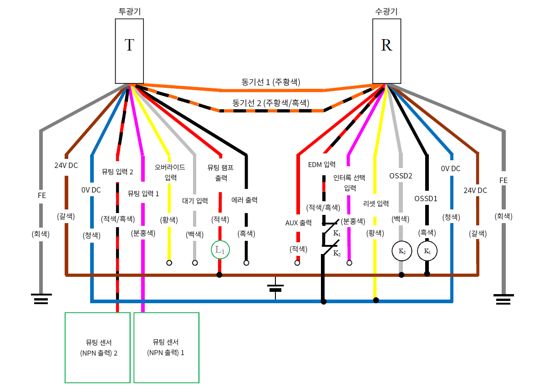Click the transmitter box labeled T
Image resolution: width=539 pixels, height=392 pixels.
pos(129,50)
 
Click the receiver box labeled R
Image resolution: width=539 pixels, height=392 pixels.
pos(386,50)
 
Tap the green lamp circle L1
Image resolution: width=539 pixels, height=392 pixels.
pos(220,249)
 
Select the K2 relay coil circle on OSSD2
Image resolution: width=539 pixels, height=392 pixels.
pos(402,251)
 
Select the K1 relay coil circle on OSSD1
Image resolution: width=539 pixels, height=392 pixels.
pos(427,251)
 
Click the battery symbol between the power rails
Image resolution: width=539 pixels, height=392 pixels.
pos(275,288)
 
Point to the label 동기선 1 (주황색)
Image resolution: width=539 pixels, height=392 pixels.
pos(271,82)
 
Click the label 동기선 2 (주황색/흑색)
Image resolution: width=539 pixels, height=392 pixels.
pos(271,103)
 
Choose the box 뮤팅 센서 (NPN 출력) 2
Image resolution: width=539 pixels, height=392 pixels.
pos(98,347)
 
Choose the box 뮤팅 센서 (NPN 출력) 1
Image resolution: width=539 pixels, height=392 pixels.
pos(166,347)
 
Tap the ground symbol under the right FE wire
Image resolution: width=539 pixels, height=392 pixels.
pos(503,299)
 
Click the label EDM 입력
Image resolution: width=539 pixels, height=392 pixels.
pos(322,165)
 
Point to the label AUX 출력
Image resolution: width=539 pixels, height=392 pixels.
pos(298,223)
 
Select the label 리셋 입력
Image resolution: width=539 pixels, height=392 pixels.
pos(376,203)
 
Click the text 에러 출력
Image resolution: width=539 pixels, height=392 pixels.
pos(246,199)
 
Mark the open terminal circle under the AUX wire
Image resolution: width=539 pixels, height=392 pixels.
pos(297,263)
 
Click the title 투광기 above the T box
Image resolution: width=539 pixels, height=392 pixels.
pos(129,11)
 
